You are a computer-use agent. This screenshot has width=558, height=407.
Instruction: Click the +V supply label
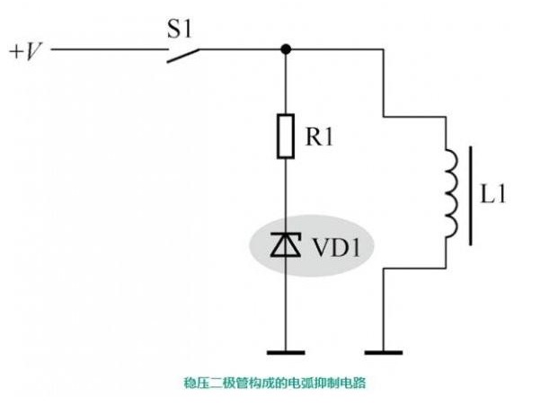click(25, 50)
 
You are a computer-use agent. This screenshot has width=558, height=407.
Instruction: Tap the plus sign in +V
click(15, 51)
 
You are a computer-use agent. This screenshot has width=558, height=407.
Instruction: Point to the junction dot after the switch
click(286, 49)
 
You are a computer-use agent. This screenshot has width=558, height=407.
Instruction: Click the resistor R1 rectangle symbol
click(286, 137)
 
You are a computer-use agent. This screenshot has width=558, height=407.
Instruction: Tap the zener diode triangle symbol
click(286, 244)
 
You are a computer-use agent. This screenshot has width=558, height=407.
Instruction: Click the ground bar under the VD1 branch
click(286, 352)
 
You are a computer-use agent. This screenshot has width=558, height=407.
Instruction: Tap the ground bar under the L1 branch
click(384, 352)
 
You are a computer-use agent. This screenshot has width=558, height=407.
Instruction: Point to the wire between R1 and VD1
click(286, 193)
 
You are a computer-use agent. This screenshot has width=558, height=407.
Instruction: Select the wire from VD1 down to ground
click(286, 305)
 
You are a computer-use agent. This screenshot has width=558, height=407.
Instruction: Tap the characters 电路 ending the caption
click(355, 382)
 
